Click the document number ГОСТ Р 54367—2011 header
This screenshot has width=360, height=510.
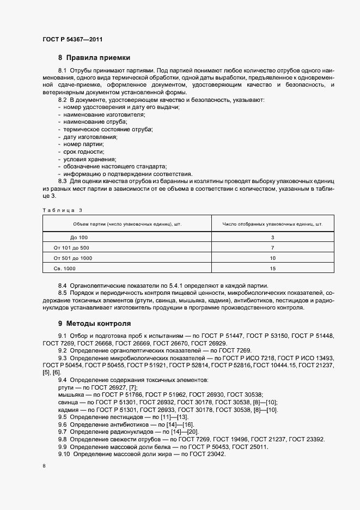[x=72, y=39]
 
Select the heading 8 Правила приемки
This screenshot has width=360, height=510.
[x=94, y=58]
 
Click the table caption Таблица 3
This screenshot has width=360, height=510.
[x=62, y=209]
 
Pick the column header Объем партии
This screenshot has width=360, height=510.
[x=124, y=224]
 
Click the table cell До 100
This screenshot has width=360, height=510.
[x=78, y=238]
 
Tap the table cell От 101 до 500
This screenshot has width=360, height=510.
[x=72, y=248]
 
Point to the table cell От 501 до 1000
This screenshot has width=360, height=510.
[x=74, y=258]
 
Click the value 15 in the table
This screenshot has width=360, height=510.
[x=272, y=268]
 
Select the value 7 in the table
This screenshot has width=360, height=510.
[x=272, y=248]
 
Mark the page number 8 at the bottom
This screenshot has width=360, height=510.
[x=44, y=466]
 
